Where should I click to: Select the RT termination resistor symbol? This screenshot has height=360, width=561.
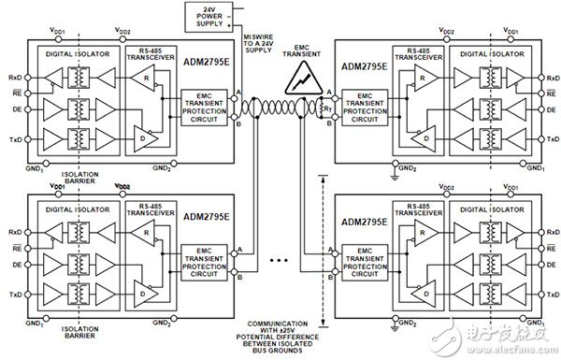(327, 108)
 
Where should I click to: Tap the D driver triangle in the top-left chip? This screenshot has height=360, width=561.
(140, 137)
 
